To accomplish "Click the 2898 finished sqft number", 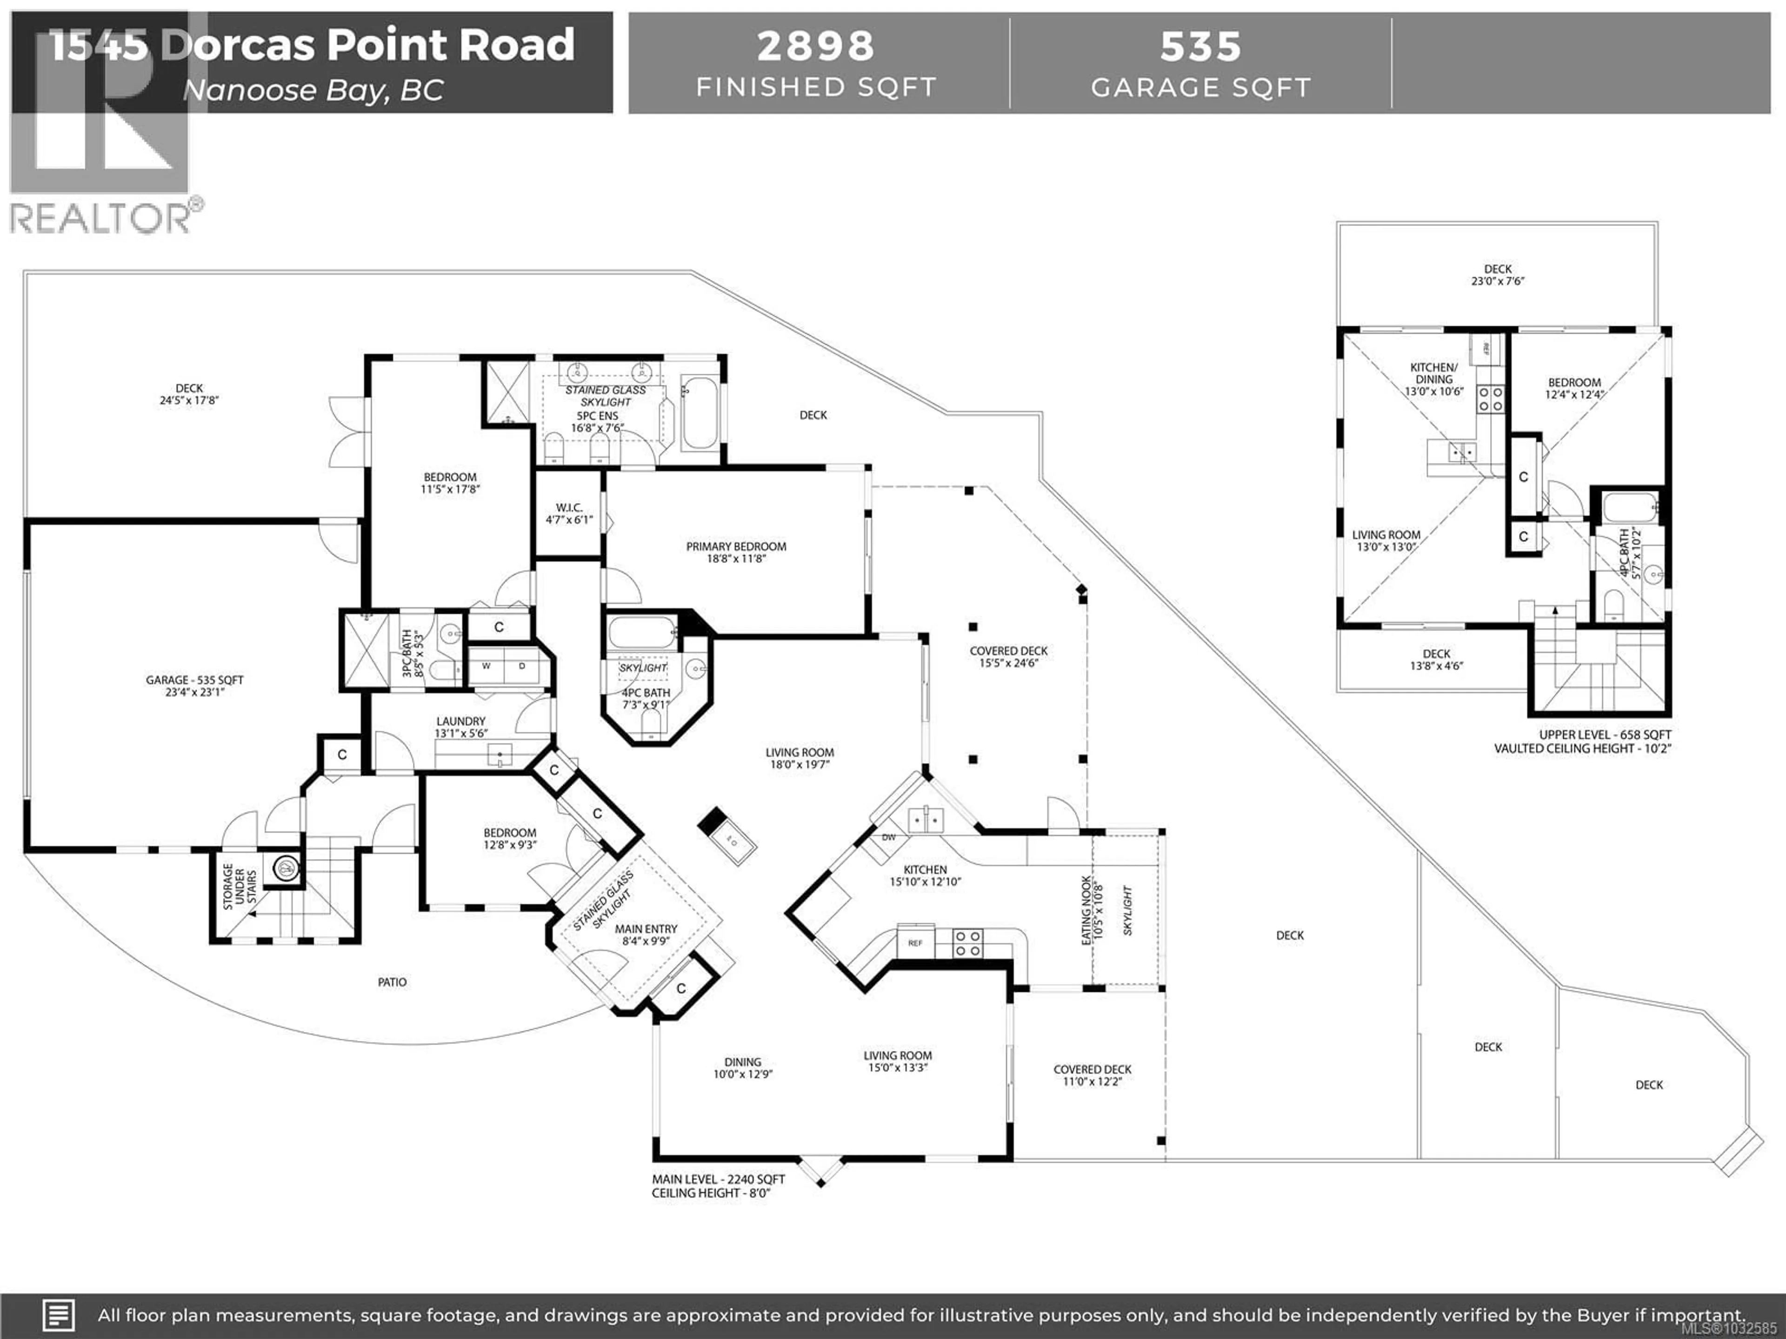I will coord(815,46).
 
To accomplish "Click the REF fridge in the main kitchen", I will coord(915,943).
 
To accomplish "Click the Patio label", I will coord(393,982).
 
